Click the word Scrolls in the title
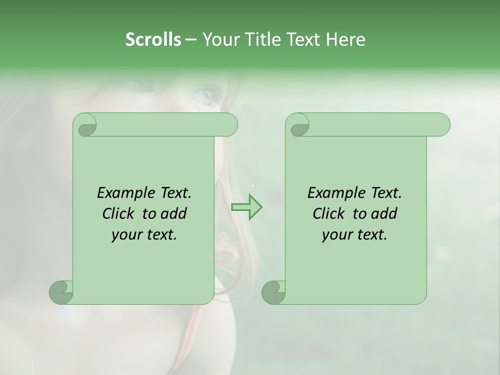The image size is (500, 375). tap(153, 40)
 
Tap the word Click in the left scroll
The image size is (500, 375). tap(118, 214)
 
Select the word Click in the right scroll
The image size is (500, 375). tap(328, 214)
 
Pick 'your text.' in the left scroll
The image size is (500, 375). tap(144, 234)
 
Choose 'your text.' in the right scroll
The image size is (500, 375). tap(355, 234)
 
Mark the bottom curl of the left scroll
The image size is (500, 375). tap(61, 292)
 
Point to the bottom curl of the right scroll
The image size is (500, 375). tap(273, 292)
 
